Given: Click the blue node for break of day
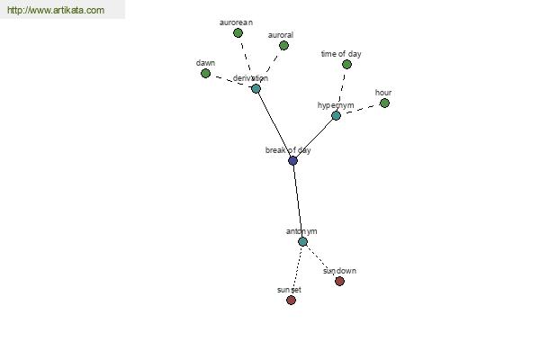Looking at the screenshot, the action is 292,160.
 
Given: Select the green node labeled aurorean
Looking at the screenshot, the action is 238,33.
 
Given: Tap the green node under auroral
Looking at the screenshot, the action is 283,46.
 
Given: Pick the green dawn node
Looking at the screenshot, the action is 205,74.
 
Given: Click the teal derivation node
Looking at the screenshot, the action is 256,89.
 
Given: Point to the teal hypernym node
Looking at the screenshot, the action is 336,116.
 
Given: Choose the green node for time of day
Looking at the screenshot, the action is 346,65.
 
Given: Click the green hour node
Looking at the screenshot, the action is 384,103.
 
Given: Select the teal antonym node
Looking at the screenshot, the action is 302,242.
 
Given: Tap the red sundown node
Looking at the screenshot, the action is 339,282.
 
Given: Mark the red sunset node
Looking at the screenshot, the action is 291,301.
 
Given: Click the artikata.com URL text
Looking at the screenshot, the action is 56,10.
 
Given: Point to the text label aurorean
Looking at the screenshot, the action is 236,22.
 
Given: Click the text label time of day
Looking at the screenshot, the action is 341,54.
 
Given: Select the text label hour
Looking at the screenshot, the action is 383,93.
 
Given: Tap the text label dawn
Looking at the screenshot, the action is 205,63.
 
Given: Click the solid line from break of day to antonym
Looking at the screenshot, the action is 298,202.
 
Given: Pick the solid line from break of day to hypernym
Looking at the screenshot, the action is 314,138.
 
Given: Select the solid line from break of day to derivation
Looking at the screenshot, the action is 274,125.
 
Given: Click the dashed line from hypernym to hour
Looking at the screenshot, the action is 360,110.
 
